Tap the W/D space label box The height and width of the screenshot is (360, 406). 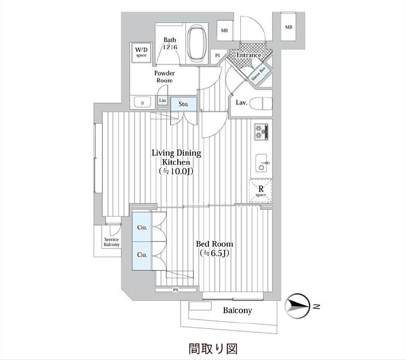pyautogui.click(x=141, y=52)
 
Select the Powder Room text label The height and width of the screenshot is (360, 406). pyautogui.click(x=164, y=77)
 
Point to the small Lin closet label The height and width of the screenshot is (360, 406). pyautogui.click(x=163, y=101)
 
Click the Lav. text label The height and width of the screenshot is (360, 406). pyautogui.click(x=241, y=102)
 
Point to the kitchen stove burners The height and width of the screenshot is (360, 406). pyautogui.click(x=260, y=132)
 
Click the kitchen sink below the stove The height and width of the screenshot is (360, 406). pyautogui.click(x=261, y=162)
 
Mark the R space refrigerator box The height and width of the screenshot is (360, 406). pyautogui.click(x=261, y=191)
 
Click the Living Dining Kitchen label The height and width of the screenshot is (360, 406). pyautogui.click(x=176, y=162)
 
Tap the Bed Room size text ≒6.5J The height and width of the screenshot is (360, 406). pyautogui.click(x=215, y=253)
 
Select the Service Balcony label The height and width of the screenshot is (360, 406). pyautogui.click(x=112, y=242)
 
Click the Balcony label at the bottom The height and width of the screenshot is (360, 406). pyautogui.click(x=237, y=311)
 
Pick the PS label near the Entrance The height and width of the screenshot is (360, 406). pyautogui.click(x=217, y=55)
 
